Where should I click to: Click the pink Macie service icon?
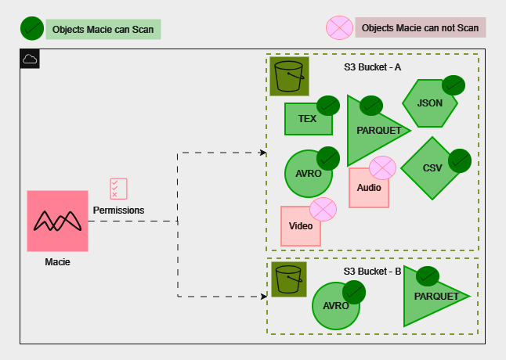coord(57,221)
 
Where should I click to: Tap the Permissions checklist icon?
coord(118,189)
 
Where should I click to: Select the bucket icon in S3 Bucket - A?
coord(289,76)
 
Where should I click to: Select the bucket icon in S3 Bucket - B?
coord(289,279)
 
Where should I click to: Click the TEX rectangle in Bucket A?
coord(306,119)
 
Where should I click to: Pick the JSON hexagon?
coord(429,103)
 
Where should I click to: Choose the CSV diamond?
coord(432,167)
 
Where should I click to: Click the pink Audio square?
coord(368,188)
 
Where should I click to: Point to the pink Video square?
coord(300,226)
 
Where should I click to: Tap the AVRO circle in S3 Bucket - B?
coord(336,306)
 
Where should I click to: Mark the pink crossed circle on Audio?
coord(382,167)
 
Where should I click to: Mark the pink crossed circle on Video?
coord(323,209)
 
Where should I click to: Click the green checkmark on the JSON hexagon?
coord(454,85)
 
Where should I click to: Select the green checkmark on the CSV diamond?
coord(459,160)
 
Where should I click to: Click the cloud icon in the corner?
coord(30,59)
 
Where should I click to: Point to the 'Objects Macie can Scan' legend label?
coord(103,30)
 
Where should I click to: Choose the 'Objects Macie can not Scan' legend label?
coord(420,27)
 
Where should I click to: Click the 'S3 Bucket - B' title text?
coord(372,271)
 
